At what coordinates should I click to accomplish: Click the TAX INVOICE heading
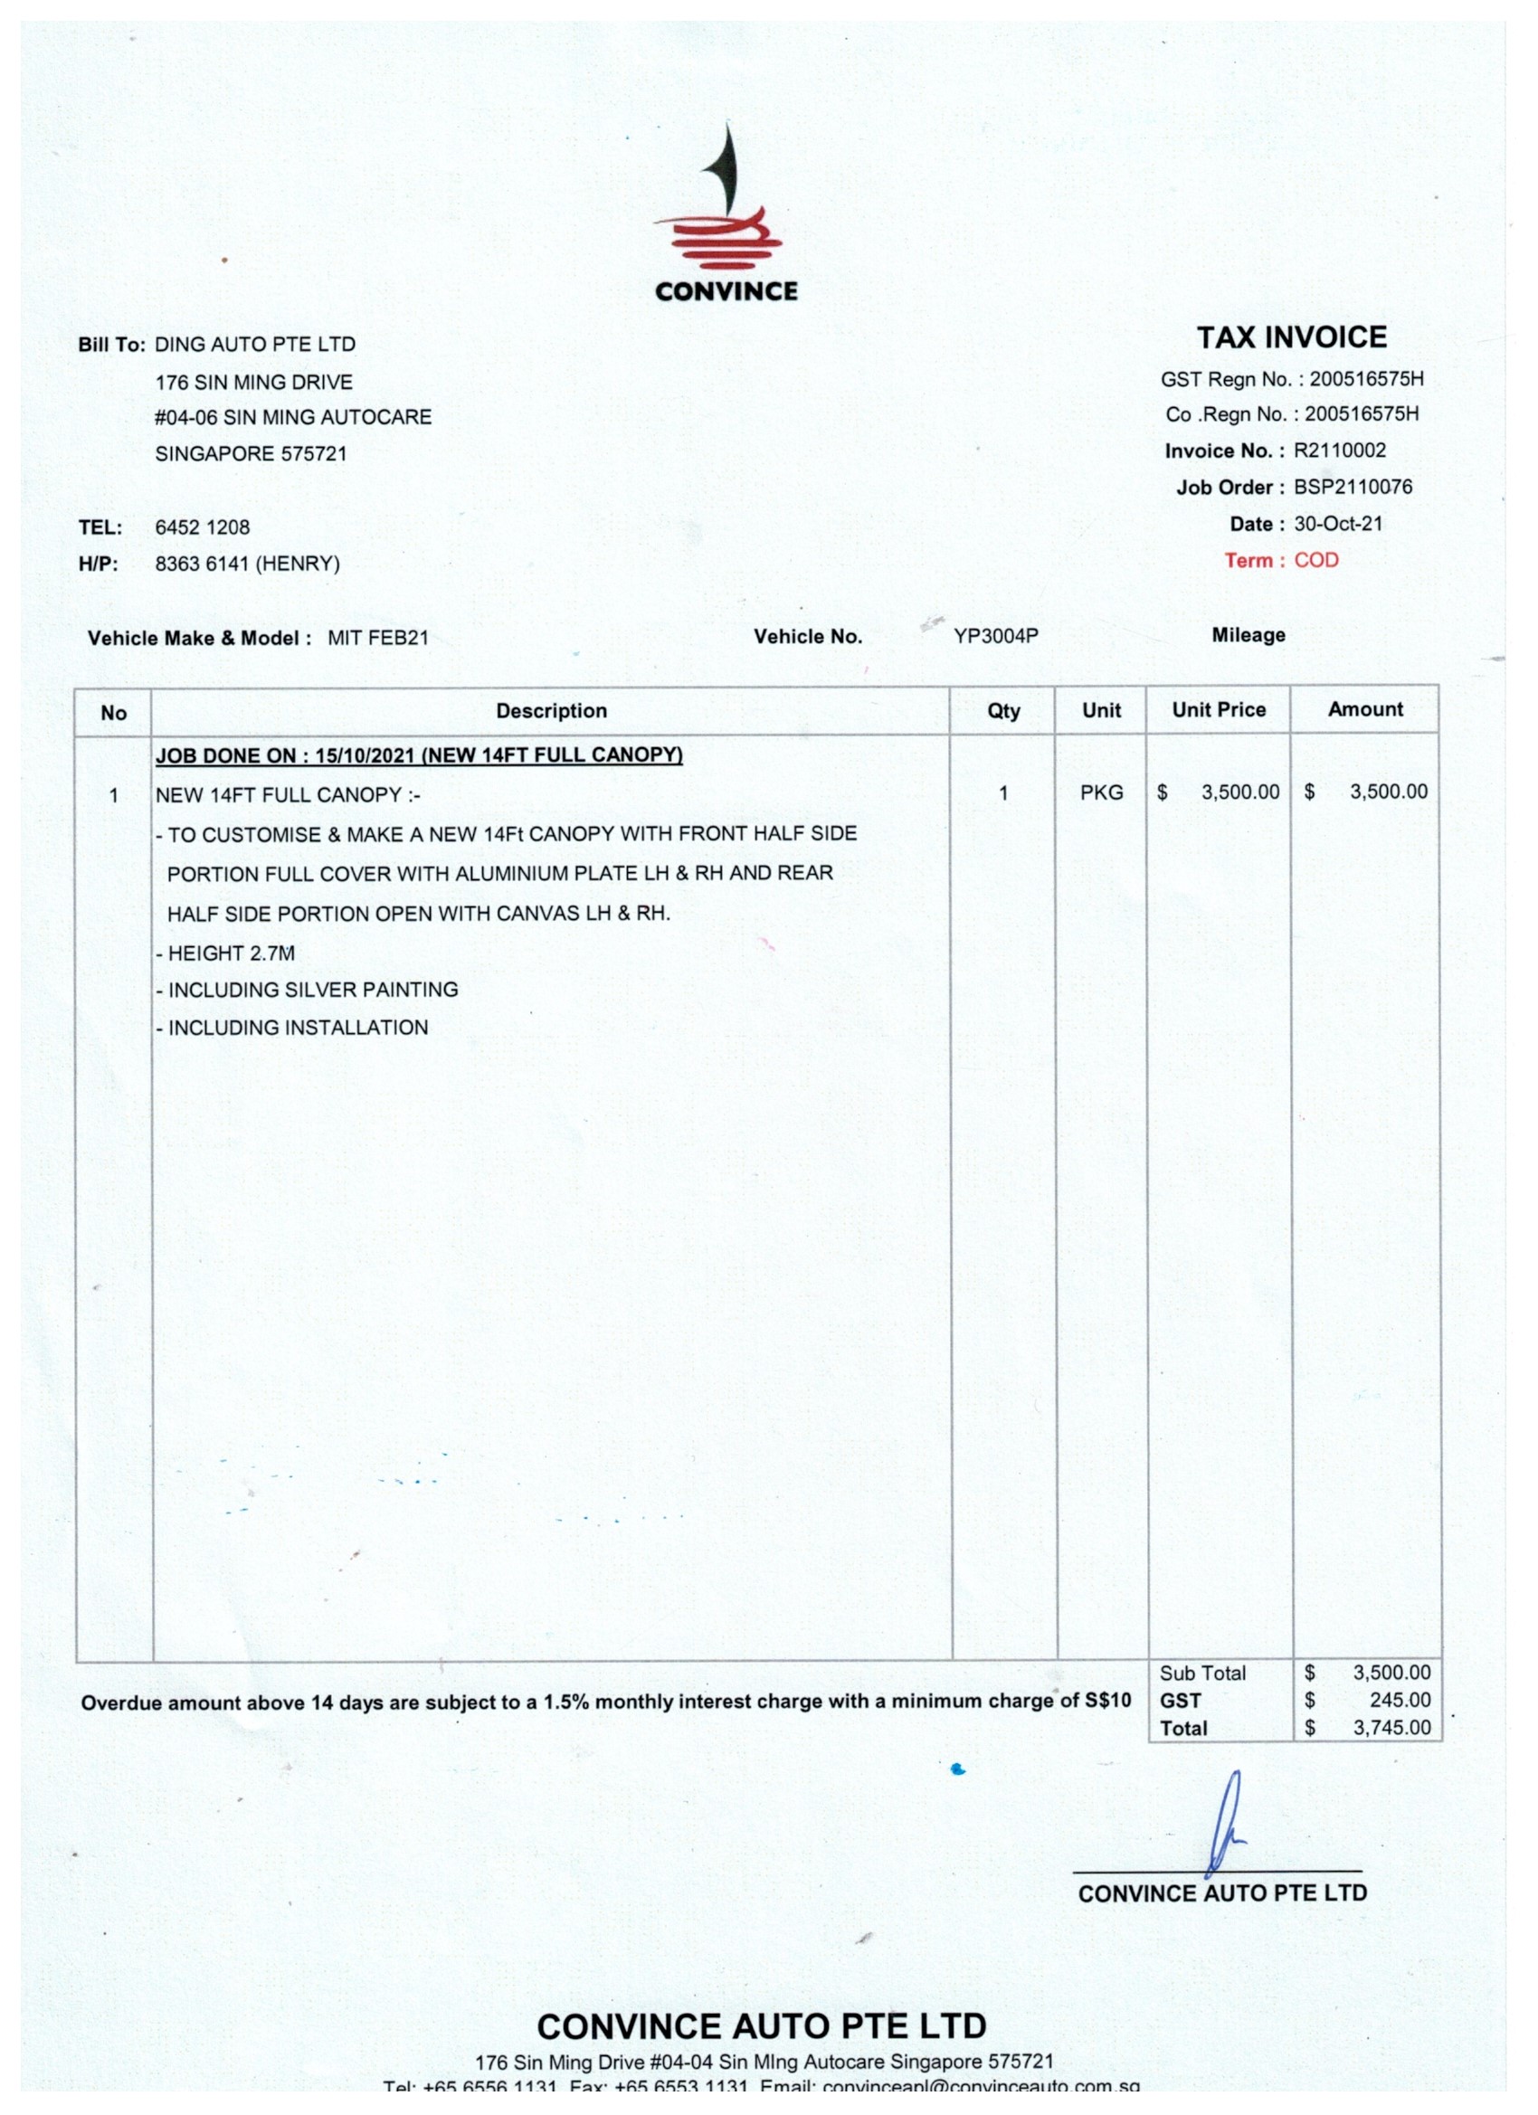point(1291,337)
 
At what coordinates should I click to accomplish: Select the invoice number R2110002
point(1338,451)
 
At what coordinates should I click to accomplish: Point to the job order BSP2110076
point(1352,487)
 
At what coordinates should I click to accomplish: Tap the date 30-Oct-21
point(1337,524)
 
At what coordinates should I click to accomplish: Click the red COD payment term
point(1315,561)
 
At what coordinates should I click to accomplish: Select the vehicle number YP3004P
point(995,636)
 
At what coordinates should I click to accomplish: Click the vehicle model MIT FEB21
point(378,638)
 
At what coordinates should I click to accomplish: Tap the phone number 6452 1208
point(203,526)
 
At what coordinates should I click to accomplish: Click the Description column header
point(551,711)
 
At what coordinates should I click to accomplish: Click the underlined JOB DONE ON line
point(419,755)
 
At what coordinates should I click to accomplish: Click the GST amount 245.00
point(1399,1700)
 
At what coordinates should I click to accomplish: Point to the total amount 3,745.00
point(1391,1727)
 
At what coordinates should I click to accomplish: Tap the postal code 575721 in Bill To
point(313,454)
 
